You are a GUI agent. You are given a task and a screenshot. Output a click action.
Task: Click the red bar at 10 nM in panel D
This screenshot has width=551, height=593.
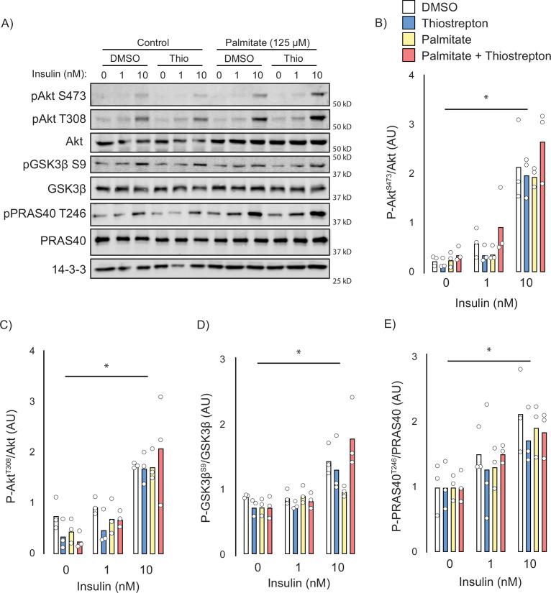[x=352, y=496]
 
